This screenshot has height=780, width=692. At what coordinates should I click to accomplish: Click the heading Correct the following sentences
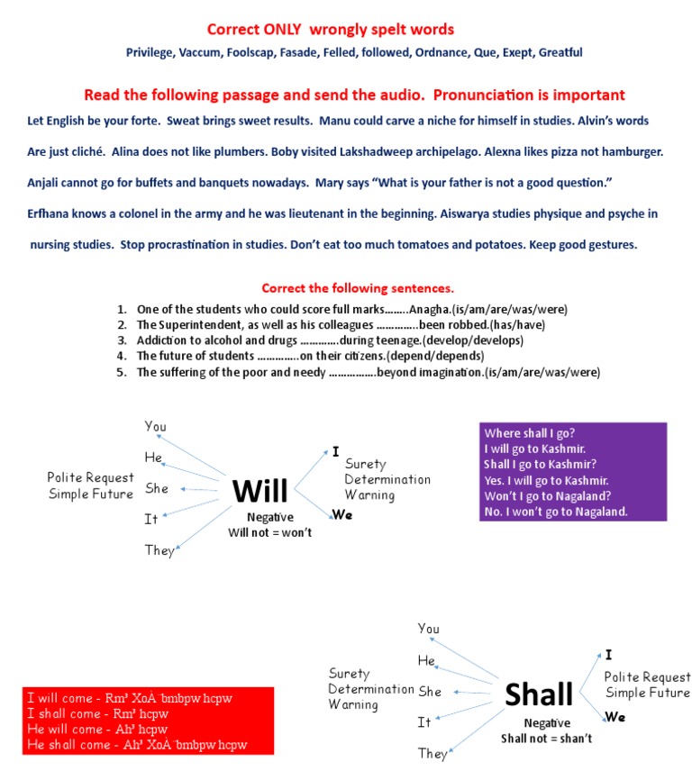(358, 289)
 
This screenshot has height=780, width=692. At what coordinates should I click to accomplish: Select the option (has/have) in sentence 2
(517, 324)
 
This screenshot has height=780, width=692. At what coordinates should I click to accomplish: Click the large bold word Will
(259, 492)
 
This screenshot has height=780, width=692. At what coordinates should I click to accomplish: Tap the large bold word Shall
(539, 694)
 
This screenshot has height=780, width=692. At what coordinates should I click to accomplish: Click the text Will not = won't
(269, 533)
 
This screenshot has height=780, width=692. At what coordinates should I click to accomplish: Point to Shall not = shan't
(548, 739)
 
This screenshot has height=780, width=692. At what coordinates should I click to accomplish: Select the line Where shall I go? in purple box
(530, 432)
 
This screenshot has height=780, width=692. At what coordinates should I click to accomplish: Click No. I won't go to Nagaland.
(556, 512)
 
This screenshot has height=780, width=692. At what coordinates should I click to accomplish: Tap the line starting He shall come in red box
(137, 745)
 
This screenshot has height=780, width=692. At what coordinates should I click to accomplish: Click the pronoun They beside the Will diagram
(159, 550)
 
